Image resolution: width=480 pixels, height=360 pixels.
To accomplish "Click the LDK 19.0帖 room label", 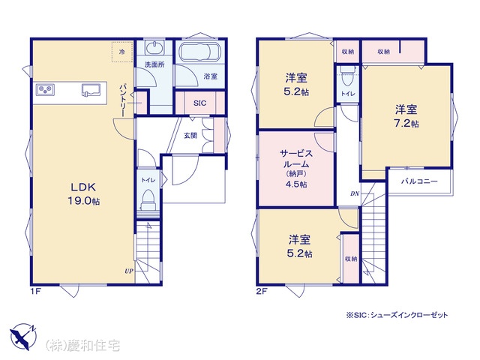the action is pyautogui.click(x=83, y=193).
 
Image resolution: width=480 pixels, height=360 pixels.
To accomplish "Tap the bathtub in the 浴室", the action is pyautogui.click(x=199, y=52).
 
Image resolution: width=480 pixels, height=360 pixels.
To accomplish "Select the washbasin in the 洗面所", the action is pyautogui.click(x=154, y=48).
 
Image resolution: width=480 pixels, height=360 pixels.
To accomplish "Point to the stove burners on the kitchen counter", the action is pyautogui.click(x=45, y=89).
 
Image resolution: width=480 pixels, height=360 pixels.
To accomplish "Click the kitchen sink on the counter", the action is pyautogui.click(x=91, y=90).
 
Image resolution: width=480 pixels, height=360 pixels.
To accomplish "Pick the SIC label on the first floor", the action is pyautogui.click(x=200, y=103).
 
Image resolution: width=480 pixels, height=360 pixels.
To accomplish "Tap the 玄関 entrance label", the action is pyautogui.click(x=190, y=135).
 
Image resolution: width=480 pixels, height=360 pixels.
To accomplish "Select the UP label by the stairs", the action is pyautogui.click(x=129, y=271).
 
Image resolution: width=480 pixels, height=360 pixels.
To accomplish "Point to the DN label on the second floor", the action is pyautogui.click(x=355, y=193).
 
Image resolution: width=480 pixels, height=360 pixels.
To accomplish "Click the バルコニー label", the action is pyautogui.click(x=419, y=181).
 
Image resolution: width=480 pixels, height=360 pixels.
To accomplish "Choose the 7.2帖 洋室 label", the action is pyautogui.click(x=406, y=116).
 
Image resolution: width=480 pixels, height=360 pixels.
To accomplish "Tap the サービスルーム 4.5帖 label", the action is pyautogui.click(x=296, y=168).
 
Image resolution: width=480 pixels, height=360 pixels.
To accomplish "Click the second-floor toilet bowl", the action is pyautogui.click(x=346, y=77).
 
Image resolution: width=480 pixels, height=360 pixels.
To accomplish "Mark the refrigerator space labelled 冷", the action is pyautogui.click(x=122, y=52).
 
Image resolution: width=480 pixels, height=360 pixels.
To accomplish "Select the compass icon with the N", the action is pyautogui.click(x=23, y=337).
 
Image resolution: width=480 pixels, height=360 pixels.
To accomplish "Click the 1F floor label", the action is pyautogui.click(x=35, y=291).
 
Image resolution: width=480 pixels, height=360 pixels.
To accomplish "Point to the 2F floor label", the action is pyautogui.click(x=262, y=291).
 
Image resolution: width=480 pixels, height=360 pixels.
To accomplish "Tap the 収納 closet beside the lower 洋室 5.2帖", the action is pyautogui.click(x=350, y=259).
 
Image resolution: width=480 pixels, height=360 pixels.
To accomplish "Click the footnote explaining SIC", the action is pyautogui.click(x=397, y=315).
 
